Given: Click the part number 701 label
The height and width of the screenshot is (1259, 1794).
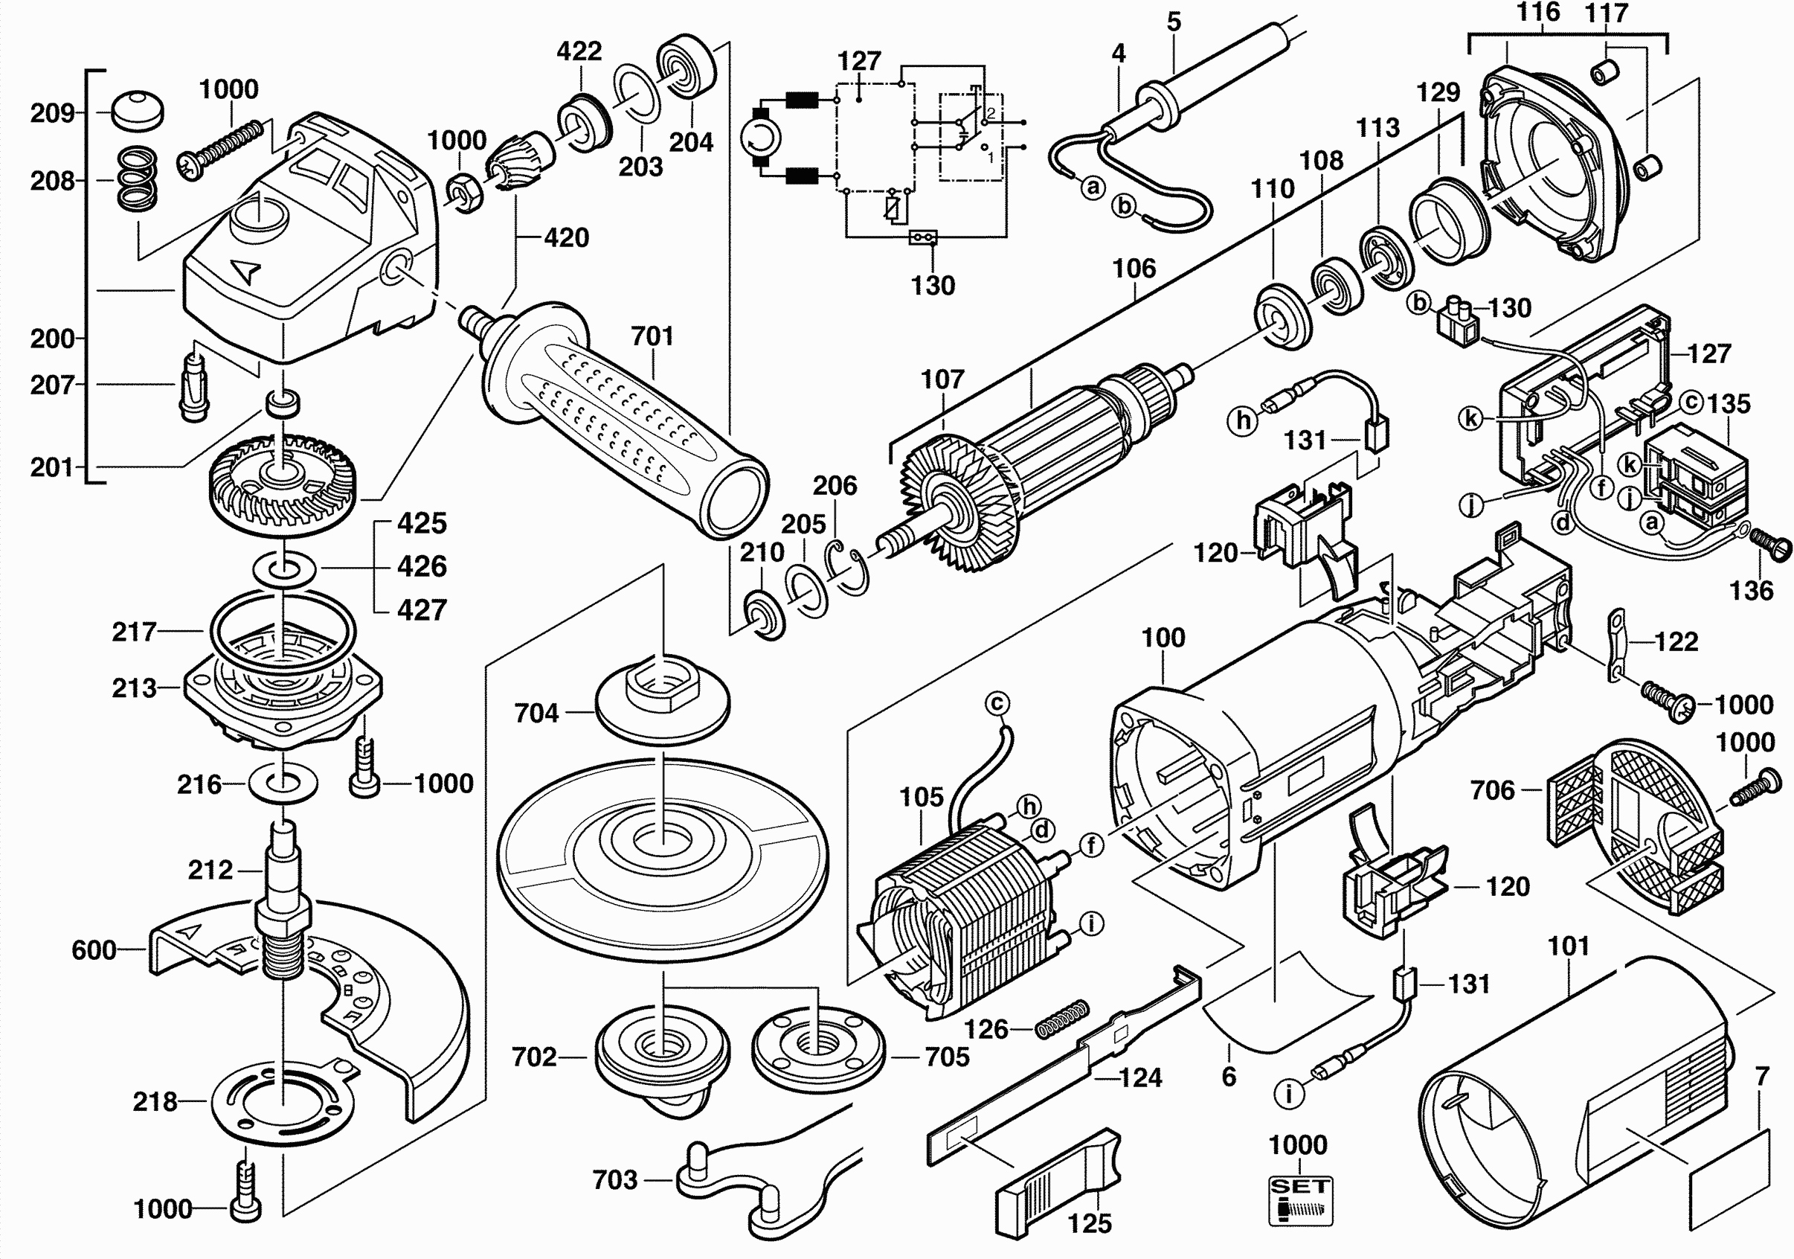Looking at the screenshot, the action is tap(652, 336).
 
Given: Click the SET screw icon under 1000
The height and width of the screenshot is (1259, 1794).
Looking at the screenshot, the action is tap(1299, 1199).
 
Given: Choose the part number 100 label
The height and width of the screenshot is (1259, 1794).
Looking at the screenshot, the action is tap(1163, 638).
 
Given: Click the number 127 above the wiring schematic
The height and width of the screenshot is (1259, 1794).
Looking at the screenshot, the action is tap(859, 61).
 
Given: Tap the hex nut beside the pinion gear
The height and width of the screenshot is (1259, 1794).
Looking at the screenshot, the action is tap(466, 193).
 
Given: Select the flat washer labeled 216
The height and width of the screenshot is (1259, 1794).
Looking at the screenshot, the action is tap(282, 783).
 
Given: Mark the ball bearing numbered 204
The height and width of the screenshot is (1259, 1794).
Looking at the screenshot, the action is tap(686, 65).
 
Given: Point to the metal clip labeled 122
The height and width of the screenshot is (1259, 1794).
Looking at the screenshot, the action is tap(1614, 647).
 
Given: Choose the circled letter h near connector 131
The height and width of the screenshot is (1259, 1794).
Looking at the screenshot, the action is tap(1243, 421).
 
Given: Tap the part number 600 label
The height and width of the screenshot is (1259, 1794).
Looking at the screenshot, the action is tap(94, 950).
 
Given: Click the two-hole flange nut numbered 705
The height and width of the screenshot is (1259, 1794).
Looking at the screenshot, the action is tap(818, 1044).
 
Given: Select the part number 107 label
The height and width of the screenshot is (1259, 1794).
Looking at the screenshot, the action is tap(942, 379).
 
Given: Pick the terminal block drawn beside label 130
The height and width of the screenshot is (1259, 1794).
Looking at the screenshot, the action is tap(1457, 322).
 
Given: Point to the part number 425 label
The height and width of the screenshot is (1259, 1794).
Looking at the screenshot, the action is tap(422, 523).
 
